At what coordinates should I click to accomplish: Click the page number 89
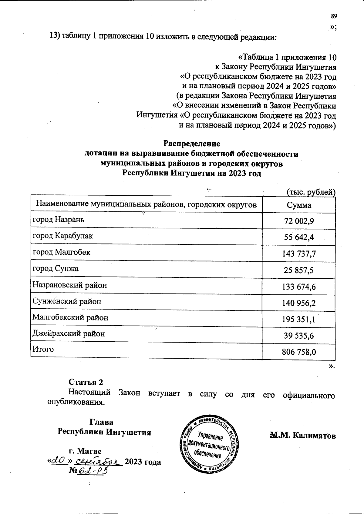(334, 16)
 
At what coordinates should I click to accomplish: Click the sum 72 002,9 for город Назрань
(299, 221)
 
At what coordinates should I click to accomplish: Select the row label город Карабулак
(63, 236)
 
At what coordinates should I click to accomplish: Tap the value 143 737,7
(299, 254)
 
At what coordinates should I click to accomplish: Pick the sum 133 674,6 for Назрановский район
(299, 287)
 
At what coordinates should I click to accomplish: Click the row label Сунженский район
(67, 301)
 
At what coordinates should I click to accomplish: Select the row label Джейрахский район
(69, 334)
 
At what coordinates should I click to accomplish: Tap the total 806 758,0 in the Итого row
(299, 352)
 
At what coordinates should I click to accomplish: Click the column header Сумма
(299, 205)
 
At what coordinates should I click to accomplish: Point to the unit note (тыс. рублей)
(311, 192)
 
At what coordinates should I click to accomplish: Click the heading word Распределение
(192, 143)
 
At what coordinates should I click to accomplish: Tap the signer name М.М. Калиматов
(303, 436)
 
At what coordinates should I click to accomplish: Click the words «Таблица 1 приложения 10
(287, 57)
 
